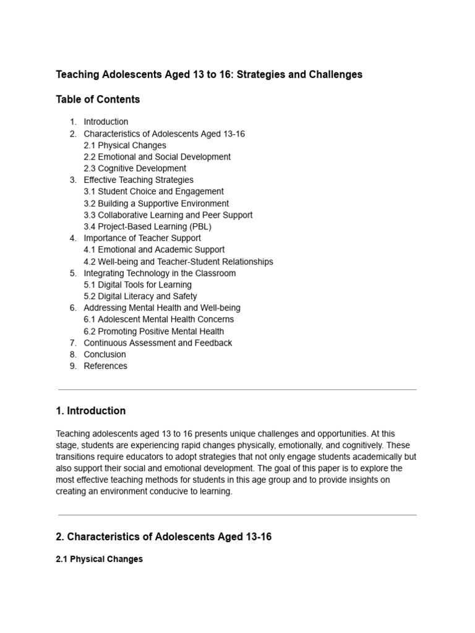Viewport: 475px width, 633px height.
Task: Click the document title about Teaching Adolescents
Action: [209, 74]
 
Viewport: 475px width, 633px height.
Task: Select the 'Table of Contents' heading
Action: [98, 99]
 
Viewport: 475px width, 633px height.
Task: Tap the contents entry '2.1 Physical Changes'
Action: [125, 145]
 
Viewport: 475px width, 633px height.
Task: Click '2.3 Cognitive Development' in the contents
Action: [135, 168]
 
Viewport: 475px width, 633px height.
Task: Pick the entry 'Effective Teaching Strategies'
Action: [139, 180]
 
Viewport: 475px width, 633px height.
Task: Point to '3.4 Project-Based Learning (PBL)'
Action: [147, 226]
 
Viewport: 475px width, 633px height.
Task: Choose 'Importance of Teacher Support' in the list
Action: [142, 238]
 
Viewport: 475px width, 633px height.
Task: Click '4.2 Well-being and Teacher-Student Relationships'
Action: [178, 261]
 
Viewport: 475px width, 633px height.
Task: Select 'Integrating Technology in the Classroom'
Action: [160, 273]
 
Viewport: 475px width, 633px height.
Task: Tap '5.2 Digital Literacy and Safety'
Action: [140, 296]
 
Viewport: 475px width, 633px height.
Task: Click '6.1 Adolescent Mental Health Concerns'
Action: [158, 320]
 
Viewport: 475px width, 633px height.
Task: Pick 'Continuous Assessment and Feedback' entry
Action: [158, 343]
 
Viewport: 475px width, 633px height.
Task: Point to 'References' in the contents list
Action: [105, 366]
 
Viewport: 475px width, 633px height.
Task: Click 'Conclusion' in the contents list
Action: [105, 354]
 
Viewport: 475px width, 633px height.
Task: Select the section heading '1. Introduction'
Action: [90, 410]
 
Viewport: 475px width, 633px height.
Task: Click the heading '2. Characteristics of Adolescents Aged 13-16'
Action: [163, 537]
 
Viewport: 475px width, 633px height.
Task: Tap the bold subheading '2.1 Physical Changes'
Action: [99, 559]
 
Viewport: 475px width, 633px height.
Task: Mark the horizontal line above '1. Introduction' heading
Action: [237, 389]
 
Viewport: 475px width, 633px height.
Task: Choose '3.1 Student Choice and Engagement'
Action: [153, 192]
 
